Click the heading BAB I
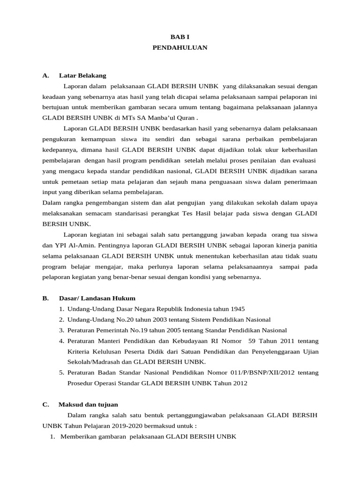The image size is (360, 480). pyautogui.click(x=180, y=37)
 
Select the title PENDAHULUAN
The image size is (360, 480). pyautogui.click(x=180, y=47)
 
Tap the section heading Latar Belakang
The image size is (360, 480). pyautogui.click(x=82, y=75)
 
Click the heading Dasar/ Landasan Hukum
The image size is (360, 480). pyautogui.click(x=97, y=298)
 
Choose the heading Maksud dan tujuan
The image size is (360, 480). pyautogui.click(x=88, y=404)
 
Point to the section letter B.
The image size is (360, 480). pyautogui.click(x=45, y=298)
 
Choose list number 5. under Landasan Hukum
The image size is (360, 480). pyautogui.click(x=61, y=373)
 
